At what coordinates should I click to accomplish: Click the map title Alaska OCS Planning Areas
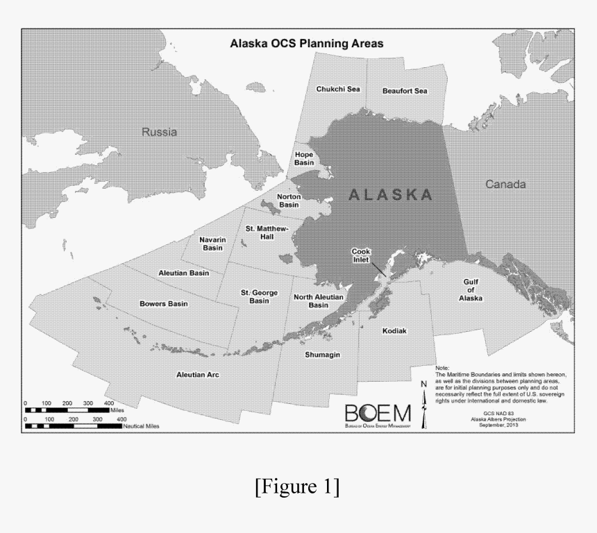(x=307, y=43)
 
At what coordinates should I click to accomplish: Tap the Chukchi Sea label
(x=338, y=90)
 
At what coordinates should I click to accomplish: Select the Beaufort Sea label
(x=405, y=91)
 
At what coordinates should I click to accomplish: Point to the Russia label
(x=159, y=132)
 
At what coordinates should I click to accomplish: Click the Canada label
(x=505, y=185)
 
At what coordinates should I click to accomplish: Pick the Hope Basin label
(x=304, y=158)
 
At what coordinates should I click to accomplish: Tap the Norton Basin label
(x=288, y=201)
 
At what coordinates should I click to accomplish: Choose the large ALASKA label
(x=390, y=194)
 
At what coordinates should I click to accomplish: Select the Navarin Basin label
(x=212, y=244)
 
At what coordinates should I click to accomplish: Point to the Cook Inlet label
(x=362, y=255)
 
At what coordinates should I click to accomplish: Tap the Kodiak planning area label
(x=394, y=331)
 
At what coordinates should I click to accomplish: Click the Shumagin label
(x=322, y=355)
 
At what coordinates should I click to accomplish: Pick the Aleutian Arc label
(x=198, y=375)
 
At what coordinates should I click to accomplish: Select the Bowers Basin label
(x=163, y=303)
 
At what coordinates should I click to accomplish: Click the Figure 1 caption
(x=298, y=487)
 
